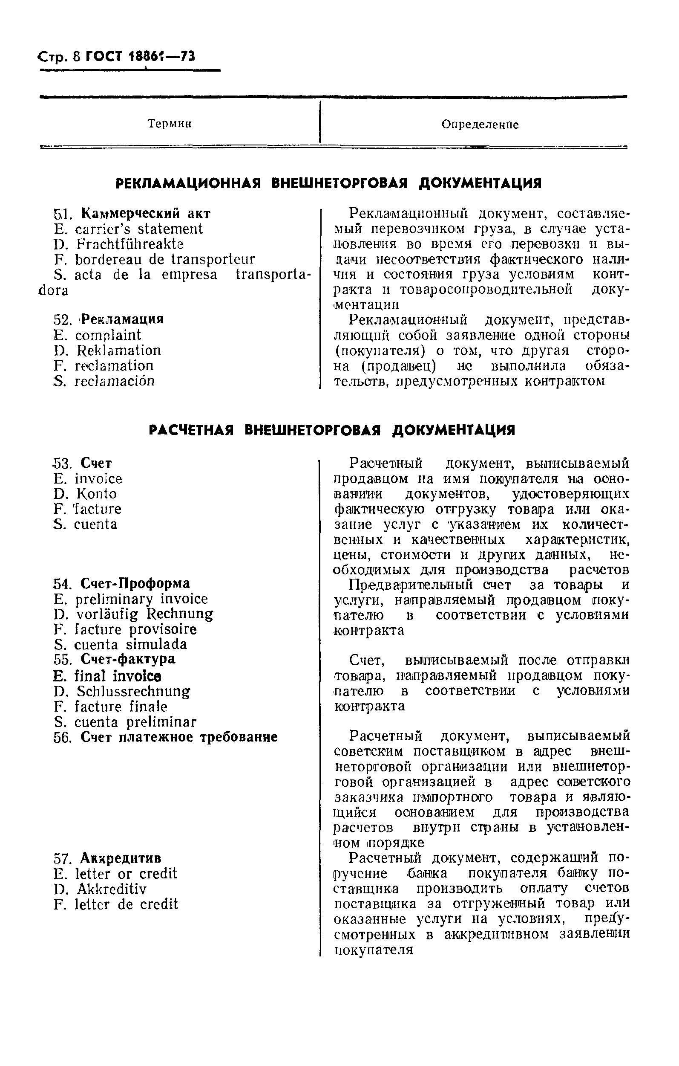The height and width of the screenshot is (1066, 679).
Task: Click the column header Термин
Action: pos(170,124)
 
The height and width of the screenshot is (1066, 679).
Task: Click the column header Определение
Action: pos(480,125)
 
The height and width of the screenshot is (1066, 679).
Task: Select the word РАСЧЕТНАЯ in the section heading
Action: pos(191,430)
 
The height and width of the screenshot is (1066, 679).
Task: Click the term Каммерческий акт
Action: pos(146,214)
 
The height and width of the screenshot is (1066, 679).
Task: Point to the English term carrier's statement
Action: pos(138,229)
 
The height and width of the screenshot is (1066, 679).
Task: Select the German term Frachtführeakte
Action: pos(130,244)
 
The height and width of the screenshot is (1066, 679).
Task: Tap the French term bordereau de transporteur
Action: pos(164,259)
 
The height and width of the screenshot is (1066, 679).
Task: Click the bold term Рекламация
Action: pos(123,319)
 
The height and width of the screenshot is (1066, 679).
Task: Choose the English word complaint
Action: pos(108,336)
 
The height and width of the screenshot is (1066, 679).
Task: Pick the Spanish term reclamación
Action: pos(114,381)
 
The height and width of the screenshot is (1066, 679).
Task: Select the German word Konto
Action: pos(96,494)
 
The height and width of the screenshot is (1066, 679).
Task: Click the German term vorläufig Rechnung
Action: pos(145,614)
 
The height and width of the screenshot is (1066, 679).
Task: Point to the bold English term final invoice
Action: pos(118,676)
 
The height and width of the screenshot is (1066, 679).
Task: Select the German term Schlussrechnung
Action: pos(133,692)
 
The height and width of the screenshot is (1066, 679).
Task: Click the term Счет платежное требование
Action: pos(179,737)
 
